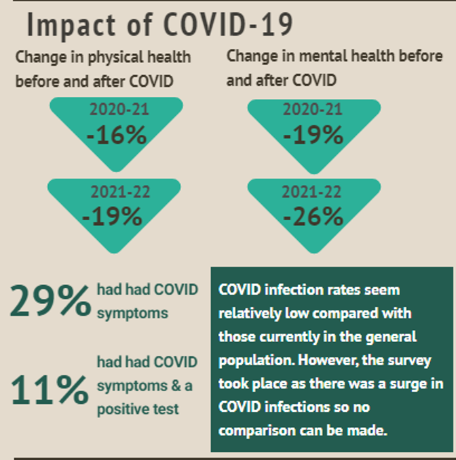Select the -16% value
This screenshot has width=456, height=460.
click(117, 135)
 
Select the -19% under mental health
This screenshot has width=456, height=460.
click(313, 135)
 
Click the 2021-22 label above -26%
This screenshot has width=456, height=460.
click(313, 192)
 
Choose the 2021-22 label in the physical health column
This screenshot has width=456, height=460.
click(117, 192)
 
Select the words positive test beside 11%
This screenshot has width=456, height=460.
click(138, 410)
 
